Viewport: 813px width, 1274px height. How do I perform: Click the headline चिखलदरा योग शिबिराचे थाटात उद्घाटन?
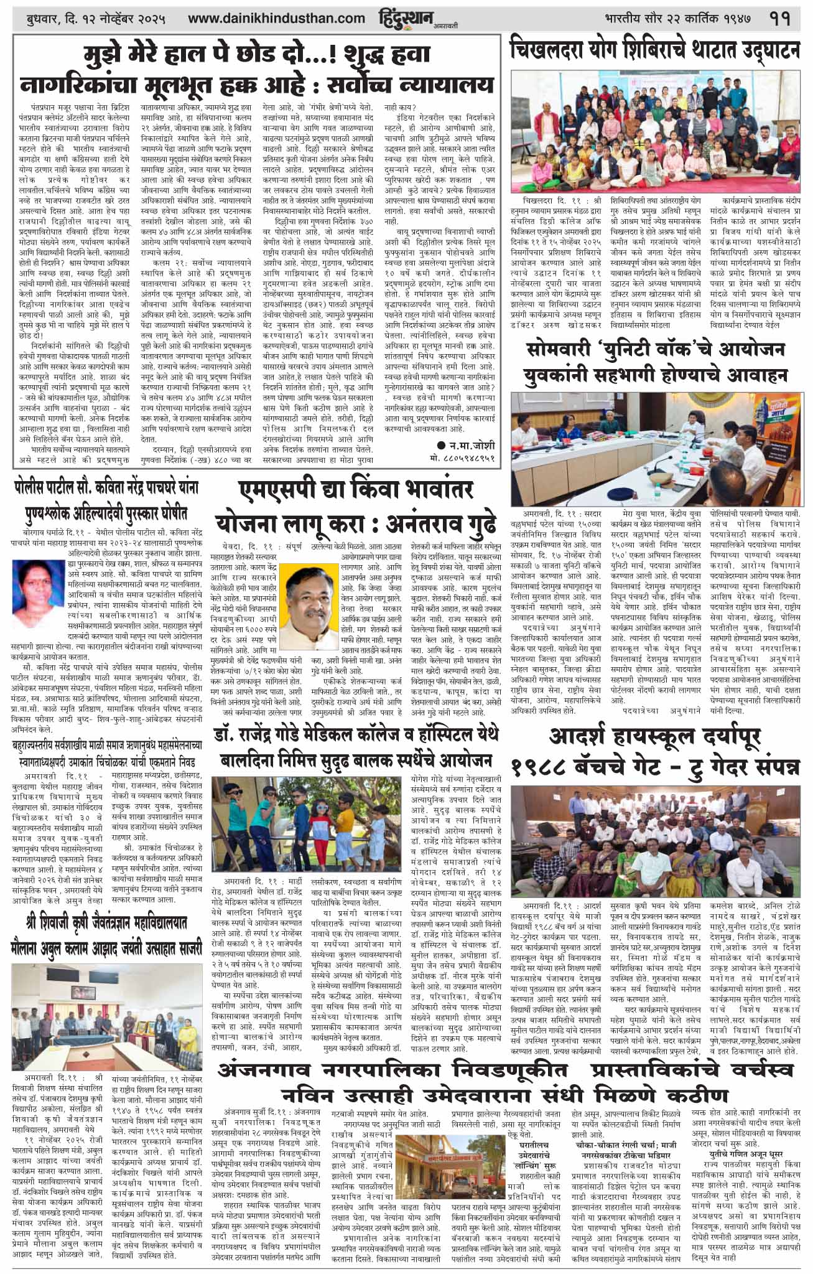coord(654,49)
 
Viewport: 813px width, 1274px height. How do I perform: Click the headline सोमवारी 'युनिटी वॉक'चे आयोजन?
coord(654,363)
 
